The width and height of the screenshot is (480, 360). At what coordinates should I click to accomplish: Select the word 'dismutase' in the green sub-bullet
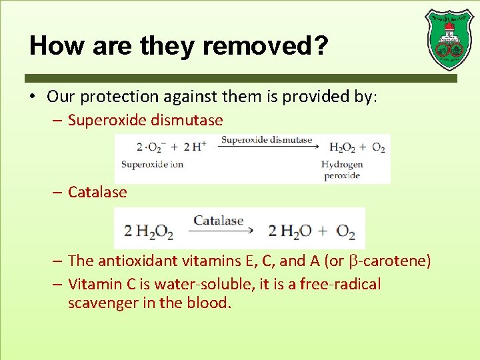pos(189,121)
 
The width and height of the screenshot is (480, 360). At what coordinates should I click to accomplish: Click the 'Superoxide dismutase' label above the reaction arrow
pos(267,140)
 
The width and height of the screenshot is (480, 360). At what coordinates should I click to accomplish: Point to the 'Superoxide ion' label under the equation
pos(152,164)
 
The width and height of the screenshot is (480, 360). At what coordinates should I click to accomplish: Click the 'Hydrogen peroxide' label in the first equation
pos(342,170)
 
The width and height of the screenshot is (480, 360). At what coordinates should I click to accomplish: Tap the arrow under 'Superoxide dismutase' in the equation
pos(267,148)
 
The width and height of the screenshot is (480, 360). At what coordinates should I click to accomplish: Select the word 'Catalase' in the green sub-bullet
pos(97,192)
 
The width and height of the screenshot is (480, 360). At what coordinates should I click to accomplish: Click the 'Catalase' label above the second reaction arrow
pos(219,220)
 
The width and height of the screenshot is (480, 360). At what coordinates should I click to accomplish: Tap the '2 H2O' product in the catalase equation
pos(287,231)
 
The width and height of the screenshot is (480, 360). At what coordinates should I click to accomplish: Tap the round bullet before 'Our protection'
pos(33,97)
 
